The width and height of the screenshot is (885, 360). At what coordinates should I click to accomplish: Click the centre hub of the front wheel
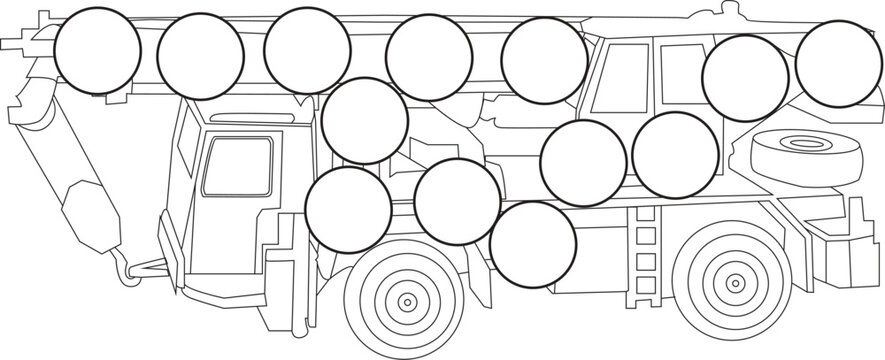point(407,301)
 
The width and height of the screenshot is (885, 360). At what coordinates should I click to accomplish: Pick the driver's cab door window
point(237,166)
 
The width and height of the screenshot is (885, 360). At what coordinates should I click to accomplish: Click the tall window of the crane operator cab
point(626,80)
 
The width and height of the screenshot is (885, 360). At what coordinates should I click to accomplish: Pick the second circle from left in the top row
point(201,56)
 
